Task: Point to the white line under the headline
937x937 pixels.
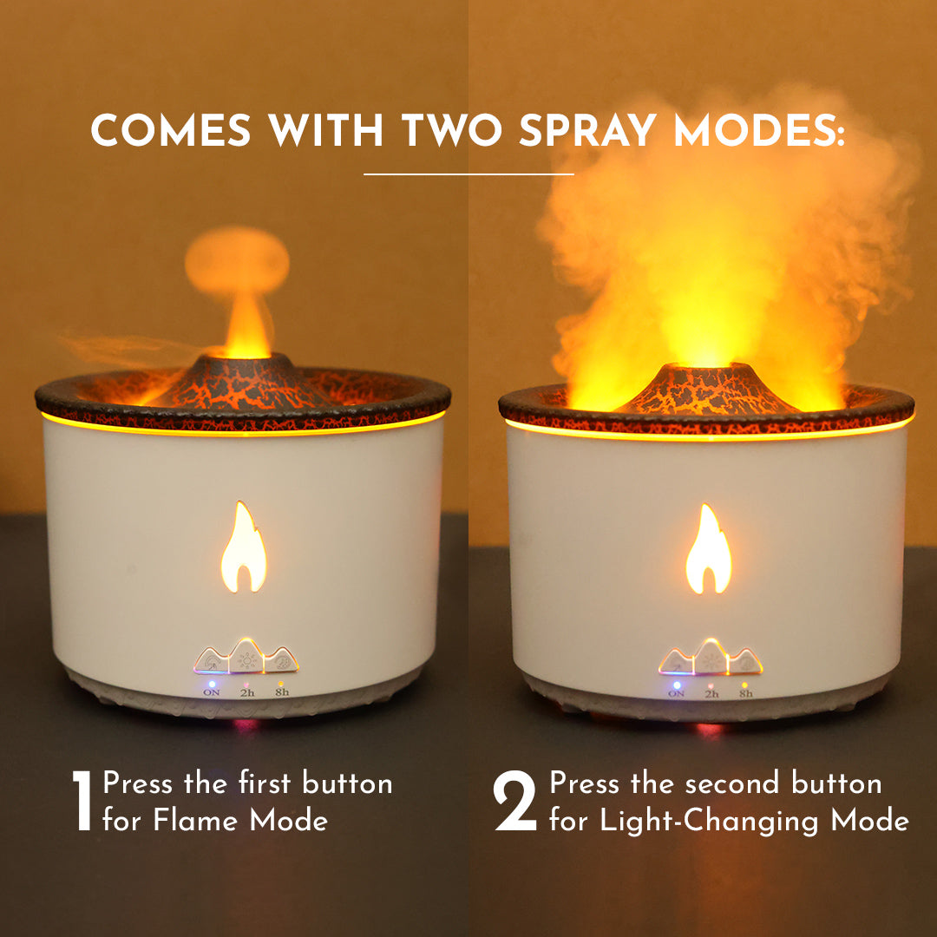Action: pos(468,174)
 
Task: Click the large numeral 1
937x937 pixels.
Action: pos(82,802)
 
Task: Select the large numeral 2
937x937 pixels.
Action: pos(515,802)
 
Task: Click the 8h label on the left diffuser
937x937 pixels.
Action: pos(282,692)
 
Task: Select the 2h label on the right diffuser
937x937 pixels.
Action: pos(711,694)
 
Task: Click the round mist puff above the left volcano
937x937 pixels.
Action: pos(236,260)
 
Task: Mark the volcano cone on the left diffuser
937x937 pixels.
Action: pos(245,382)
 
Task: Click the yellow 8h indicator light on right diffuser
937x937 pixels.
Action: pos(744,683)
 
